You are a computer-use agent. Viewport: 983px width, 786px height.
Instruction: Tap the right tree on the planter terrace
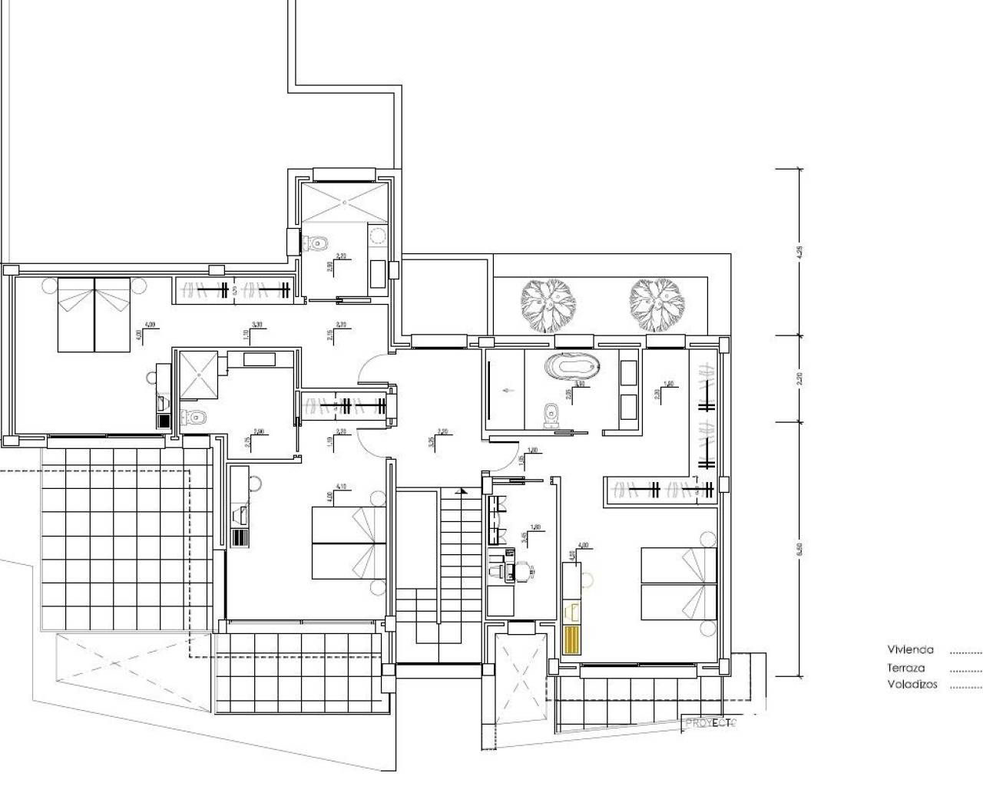coord(657,305)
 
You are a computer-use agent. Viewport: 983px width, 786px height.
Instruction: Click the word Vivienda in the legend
coord(910,649)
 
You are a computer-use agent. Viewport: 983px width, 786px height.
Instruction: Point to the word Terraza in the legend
coord(905,669)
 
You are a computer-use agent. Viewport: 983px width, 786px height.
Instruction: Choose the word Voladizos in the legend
coord(912,685)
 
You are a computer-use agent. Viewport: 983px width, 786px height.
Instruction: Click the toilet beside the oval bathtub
coord(550,414)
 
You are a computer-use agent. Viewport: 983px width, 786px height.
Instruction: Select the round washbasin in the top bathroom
coord(377,235)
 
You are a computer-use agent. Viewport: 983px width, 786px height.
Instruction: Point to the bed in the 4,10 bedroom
coord(348,542)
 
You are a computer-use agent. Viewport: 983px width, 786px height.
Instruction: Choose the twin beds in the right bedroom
coord(678,583)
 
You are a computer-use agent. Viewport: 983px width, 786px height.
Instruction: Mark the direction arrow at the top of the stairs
coord(462,490)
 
